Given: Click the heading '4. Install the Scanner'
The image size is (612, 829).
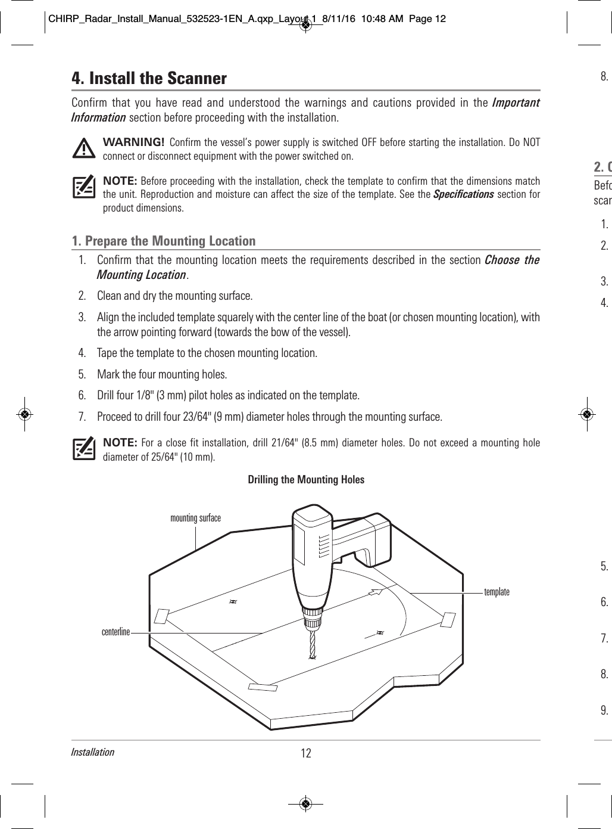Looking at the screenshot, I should (149, 79).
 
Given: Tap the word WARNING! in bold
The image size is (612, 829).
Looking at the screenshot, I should (134, 142).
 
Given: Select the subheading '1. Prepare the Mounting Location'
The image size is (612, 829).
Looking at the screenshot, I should (164, 241).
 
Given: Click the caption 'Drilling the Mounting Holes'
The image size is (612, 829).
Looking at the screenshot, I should (306, 480).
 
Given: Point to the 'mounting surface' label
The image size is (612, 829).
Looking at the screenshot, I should (195, 518).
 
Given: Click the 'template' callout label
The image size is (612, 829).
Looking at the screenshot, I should (497, 592).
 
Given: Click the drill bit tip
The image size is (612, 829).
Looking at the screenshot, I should (311, 657).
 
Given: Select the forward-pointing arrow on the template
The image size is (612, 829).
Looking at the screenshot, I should (374, 592).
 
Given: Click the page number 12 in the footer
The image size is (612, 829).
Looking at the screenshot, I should (306, 753).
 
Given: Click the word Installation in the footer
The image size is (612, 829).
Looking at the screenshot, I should (92, 752).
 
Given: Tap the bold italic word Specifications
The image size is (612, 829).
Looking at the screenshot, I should (463, 195).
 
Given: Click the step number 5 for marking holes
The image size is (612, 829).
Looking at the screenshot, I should (82, 374).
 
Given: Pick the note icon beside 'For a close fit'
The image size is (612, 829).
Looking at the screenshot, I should (84, 448).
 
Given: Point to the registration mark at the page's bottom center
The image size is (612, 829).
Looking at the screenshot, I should (305, 803).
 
